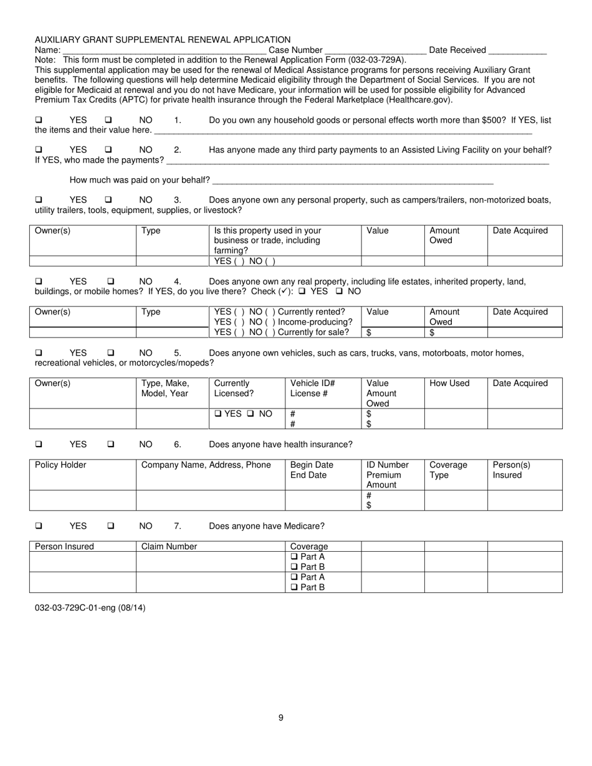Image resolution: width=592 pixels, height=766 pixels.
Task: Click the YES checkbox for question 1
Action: point(39,120)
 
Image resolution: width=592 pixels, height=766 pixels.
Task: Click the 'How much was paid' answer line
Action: point(353,181)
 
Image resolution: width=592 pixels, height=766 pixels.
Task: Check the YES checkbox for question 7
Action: point(39,526)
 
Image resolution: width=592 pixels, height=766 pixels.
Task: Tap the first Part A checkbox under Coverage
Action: point(294,557)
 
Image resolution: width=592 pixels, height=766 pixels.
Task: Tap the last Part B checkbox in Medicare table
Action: point(294,587)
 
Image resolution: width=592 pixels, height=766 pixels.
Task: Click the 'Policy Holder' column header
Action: point(60,465)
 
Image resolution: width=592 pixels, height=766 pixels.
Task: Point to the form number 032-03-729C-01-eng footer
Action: point(90,608)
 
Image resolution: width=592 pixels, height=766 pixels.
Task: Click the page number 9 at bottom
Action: point(281,717)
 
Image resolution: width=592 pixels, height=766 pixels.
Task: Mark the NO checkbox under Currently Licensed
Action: point(250,414)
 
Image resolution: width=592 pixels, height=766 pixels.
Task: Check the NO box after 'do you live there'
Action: point(340,291)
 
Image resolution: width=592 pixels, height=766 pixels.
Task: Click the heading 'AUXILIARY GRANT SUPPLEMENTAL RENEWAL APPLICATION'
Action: point(163,40)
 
